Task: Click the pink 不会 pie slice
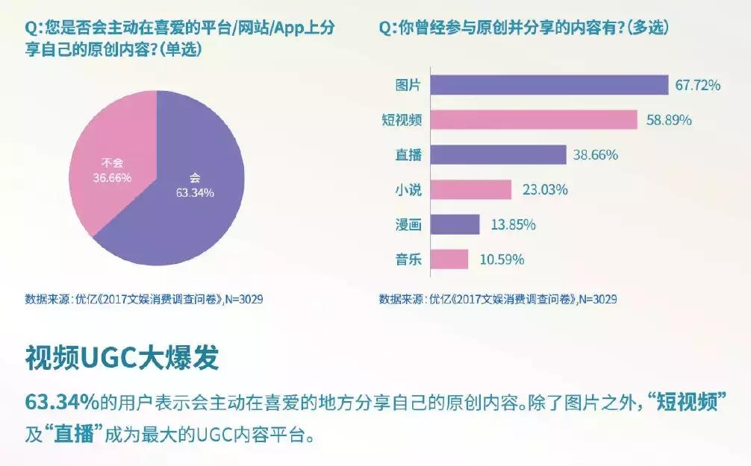112,149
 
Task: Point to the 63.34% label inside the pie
196,193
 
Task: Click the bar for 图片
549,85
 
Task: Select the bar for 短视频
534,120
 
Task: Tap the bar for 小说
471,189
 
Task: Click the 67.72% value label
698,86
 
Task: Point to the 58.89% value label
667,120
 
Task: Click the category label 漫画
408,224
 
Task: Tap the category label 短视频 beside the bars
402,120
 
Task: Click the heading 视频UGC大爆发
122,358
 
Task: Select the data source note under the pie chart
143,299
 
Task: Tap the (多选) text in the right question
647,28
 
